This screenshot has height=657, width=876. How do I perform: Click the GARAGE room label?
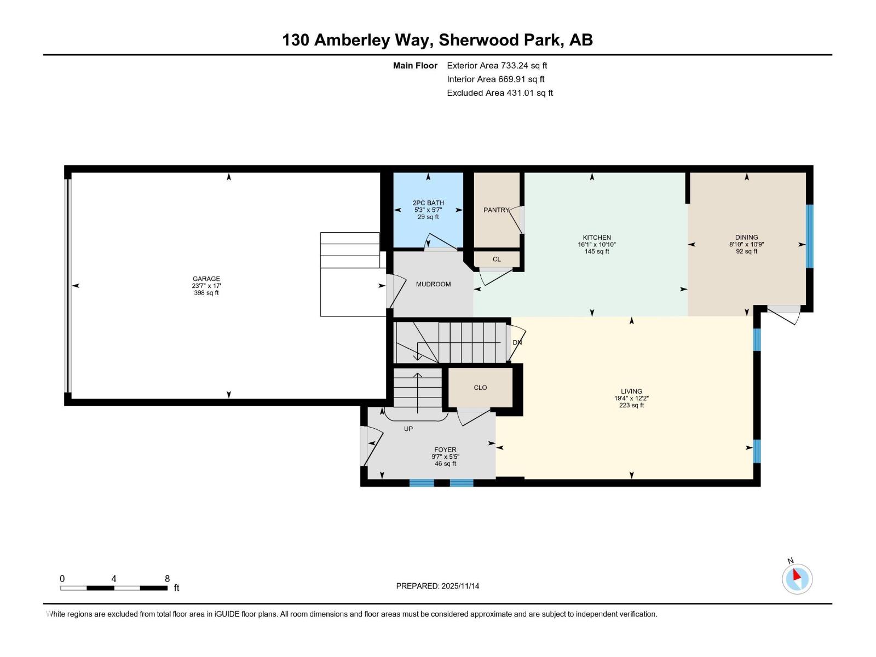pyautogui.click(x=206, y=279)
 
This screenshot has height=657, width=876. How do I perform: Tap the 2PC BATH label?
pyautogui.click(x=428, y=203)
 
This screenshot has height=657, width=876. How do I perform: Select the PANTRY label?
pyautogui.click(x=496, y=210)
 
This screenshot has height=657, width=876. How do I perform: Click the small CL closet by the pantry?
pyautogui.click(x=497, y=260)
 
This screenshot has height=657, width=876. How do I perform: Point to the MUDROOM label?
pyautogui.click(x=433, y=284)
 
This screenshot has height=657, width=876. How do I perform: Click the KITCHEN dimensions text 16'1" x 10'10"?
pyautogui.click(x=596, y=245)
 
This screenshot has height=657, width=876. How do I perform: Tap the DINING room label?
pyautogui.click(x=746, y=238)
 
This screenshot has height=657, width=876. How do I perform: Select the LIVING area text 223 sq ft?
pyautogui.click(x=631, y=406)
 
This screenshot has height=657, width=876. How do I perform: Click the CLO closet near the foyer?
pyautogui.click(x=480, y=388)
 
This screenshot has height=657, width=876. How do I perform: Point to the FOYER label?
pyautogui.click(x=445, y=450)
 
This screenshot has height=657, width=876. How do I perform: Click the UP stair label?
pyautogui.click(x=408, y=429)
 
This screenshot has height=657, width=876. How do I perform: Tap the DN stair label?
pyautogui.click(x=517, y=343)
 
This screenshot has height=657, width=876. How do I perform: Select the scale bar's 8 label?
pyautogui.click(x=167, y=579)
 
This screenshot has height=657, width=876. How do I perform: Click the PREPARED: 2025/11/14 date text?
pyautogui.click(x=437, y=586)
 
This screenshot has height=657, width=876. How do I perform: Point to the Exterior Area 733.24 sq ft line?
pyautogui.click(x=497, y=66)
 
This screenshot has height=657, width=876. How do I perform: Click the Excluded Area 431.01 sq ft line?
pyautogui.click(x=499, y=93)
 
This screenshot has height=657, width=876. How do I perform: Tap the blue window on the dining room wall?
pyautogui.click(x=809, y=237)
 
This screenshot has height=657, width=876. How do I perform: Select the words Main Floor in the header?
pyautogui.click(x=415, y=66)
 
